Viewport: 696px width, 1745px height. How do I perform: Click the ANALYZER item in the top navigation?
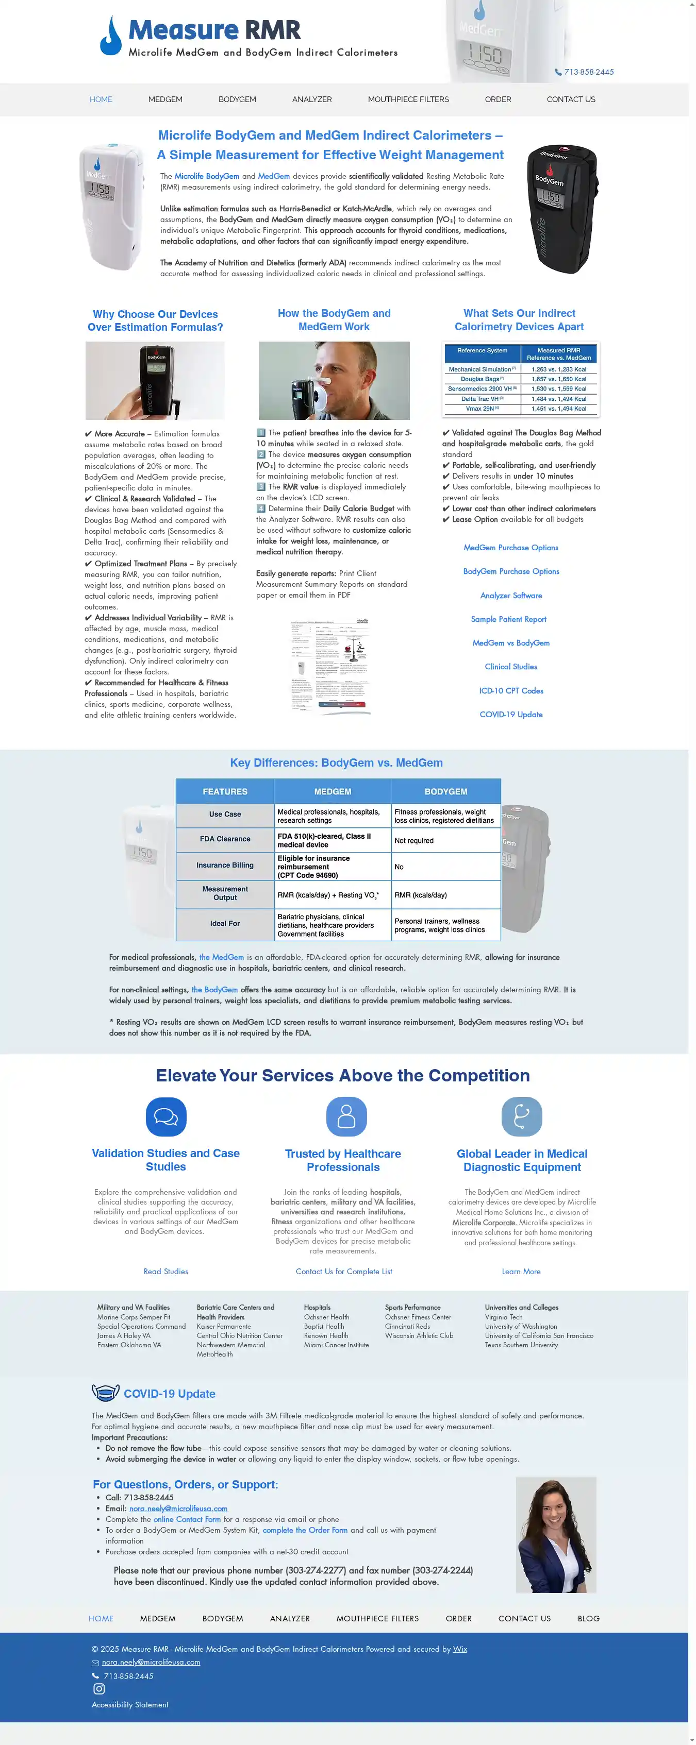click(x=312, y=99)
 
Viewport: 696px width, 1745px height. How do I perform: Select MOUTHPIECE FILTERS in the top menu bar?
click(x=408, y=99)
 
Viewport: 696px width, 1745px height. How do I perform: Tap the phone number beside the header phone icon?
click(x=588, y=72)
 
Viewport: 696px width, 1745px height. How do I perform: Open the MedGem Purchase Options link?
click(x=510, y=547)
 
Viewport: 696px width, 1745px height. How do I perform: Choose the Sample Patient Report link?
click(x=508, y=619)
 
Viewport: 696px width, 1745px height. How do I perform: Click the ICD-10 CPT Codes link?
click(x=511, y=691)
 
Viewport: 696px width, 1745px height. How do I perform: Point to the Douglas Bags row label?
click(x=481, y=379)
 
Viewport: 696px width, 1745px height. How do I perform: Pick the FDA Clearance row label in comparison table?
click(x=225, y=839)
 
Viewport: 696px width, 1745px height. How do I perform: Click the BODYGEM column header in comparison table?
click(x=445, y=792)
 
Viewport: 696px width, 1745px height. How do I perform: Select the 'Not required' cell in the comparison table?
click(x=414, y=841)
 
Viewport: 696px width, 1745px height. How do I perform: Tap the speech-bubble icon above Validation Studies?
click(x=166, y=1116)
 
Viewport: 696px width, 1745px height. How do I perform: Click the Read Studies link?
click(x=166, y=1272)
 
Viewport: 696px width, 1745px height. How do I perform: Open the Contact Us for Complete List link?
click(x=343, y=1272)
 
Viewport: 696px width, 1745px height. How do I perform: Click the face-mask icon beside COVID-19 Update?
click(x=105, y=1393)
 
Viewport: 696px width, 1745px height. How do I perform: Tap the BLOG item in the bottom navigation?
click(x=588, y=1618)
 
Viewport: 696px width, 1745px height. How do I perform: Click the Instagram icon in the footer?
click(x=99, y=1689)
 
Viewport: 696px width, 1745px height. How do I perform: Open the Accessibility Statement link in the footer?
click(x=130, y=1704)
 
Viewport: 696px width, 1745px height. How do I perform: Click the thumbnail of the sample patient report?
click(x=329, y=665)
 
